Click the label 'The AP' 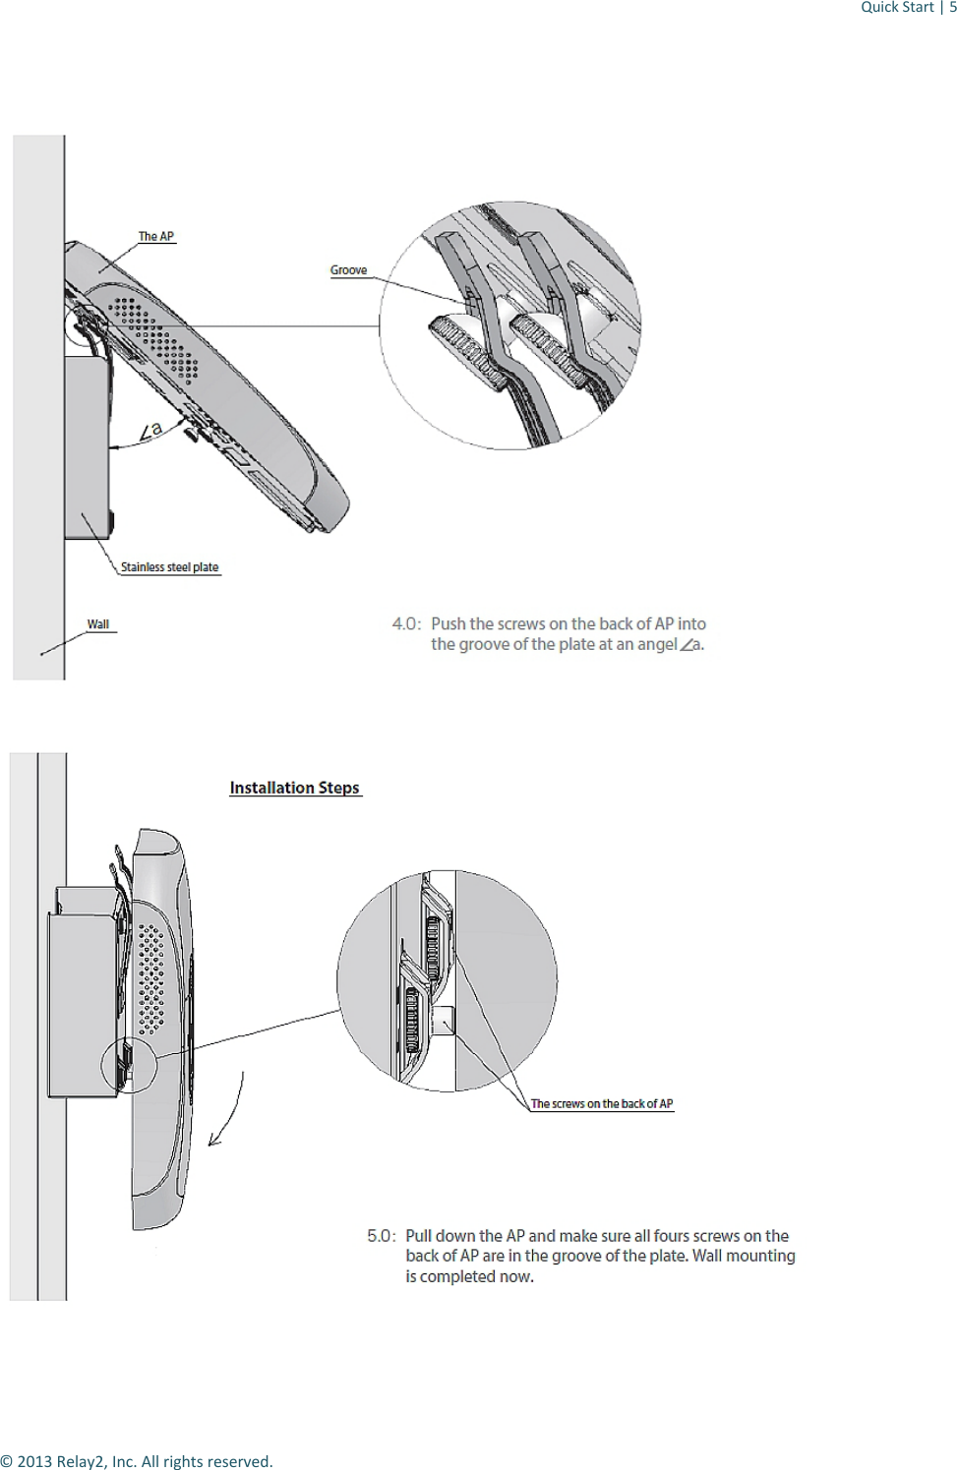155,236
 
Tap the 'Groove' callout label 348,270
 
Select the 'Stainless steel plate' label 169,567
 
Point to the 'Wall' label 98,624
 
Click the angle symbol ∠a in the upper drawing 150,431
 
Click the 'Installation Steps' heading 295,788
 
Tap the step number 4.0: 406,623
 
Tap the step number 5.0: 382,1236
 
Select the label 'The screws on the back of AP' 602,1104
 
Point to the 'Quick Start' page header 897,8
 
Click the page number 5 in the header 952,8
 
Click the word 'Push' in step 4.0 449,623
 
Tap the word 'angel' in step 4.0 655,644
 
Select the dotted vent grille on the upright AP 151,978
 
